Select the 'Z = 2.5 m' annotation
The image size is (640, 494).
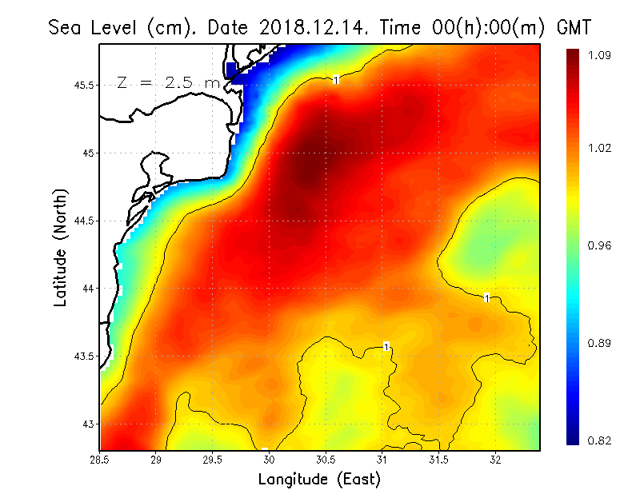click(166, 82)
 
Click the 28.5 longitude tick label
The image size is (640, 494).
click(99, 460)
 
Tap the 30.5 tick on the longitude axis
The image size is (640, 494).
click(326, 460)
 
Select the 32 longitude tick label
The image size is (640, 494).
click(495, 460)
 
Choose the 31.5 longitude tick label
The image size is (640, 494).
click(438, 460)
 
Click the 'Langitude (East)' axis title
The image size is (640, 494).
click(319, 479)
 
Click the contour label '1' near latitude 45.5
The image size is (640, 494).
click(336, 79)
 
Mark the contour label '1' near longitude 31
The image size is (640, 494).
click(386, 346)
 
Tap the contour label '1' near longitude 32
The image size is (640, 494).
click(487, 297)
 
